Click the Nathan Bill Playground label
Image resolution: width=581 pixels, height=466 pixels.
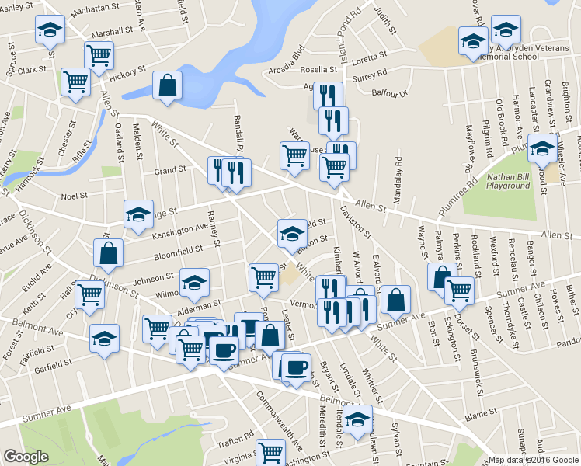tap(508, 181)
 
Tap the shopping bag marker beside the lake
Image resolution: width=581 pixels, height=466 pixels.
tap(167, 87)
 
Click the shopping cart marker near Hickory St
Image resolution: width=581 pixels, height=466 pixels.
tap(99, 54)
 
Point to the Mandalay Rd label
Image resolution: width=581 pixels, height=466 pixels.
tap(398, 179)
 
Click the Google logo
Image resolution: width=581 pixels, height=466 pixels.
tap(26, 457)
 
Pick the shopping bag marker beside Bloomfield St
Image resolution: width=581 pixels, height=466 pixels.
tap(109, 252)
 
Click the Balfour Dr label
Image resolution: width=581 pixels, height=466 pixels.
tap(392, 93)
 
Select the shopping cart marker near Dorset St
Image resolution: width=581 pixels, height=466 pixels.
tap(459, 290)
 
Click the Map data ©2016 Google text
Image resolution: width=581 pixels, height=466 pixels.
tap(533, 460)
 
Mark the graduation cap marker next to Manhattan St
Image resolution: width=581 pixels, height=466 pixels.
tap(50, 30)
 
